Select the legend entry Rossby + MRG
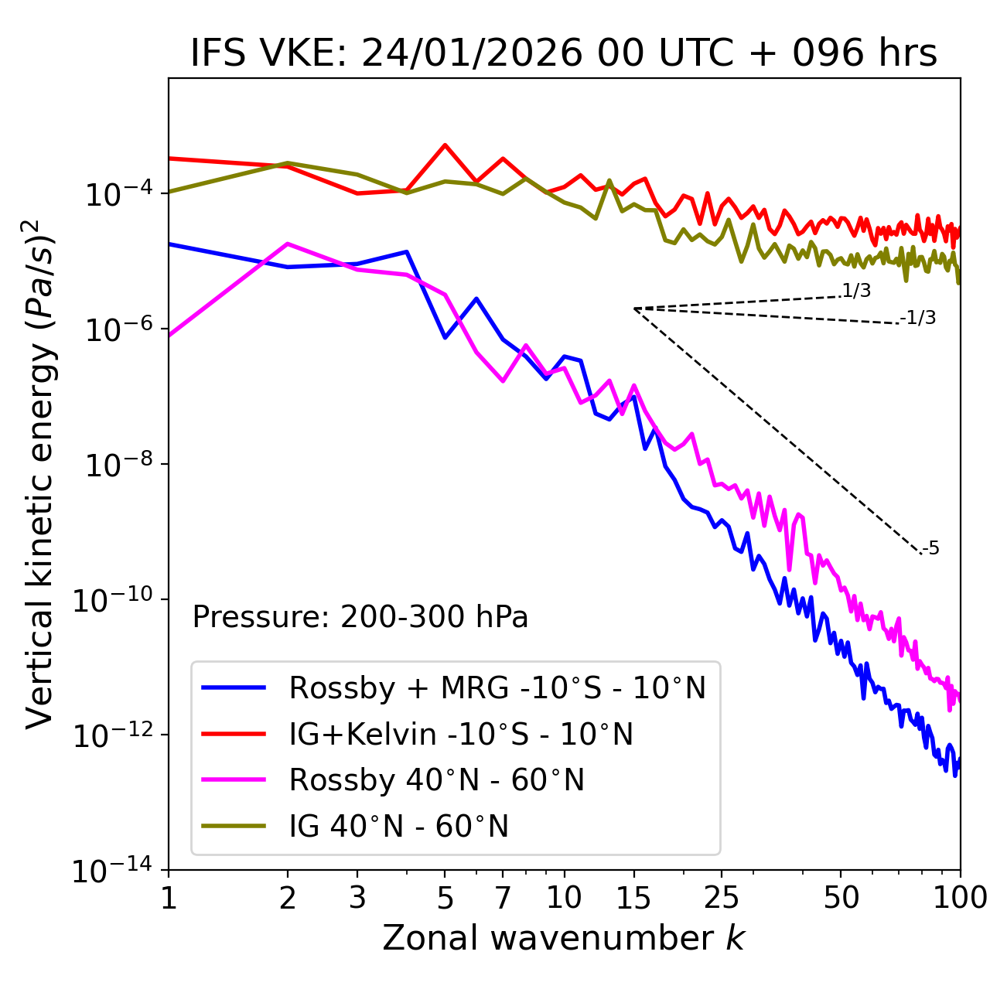(497, 687)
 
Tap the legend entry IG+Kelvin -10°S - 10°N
(461, 734)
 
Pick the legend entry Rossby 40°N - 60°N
(436, 780)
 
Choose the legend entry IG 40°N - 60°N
(398, 827)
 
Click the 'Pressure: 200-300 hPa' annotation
(360, 617)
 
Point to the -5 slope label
(930, 549)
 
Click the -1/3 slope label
(918, 318)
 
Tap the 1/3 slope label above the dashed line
(856, 292)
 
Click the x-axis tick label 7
(503, 898)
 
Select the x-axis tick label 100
(959, 898)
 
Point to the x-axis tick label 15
(633, 898)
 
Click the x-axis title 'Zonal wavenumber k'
(563, 938)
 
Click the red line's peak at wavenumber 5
(445, 145)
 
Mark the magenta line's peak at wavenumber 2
(288, 244)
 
